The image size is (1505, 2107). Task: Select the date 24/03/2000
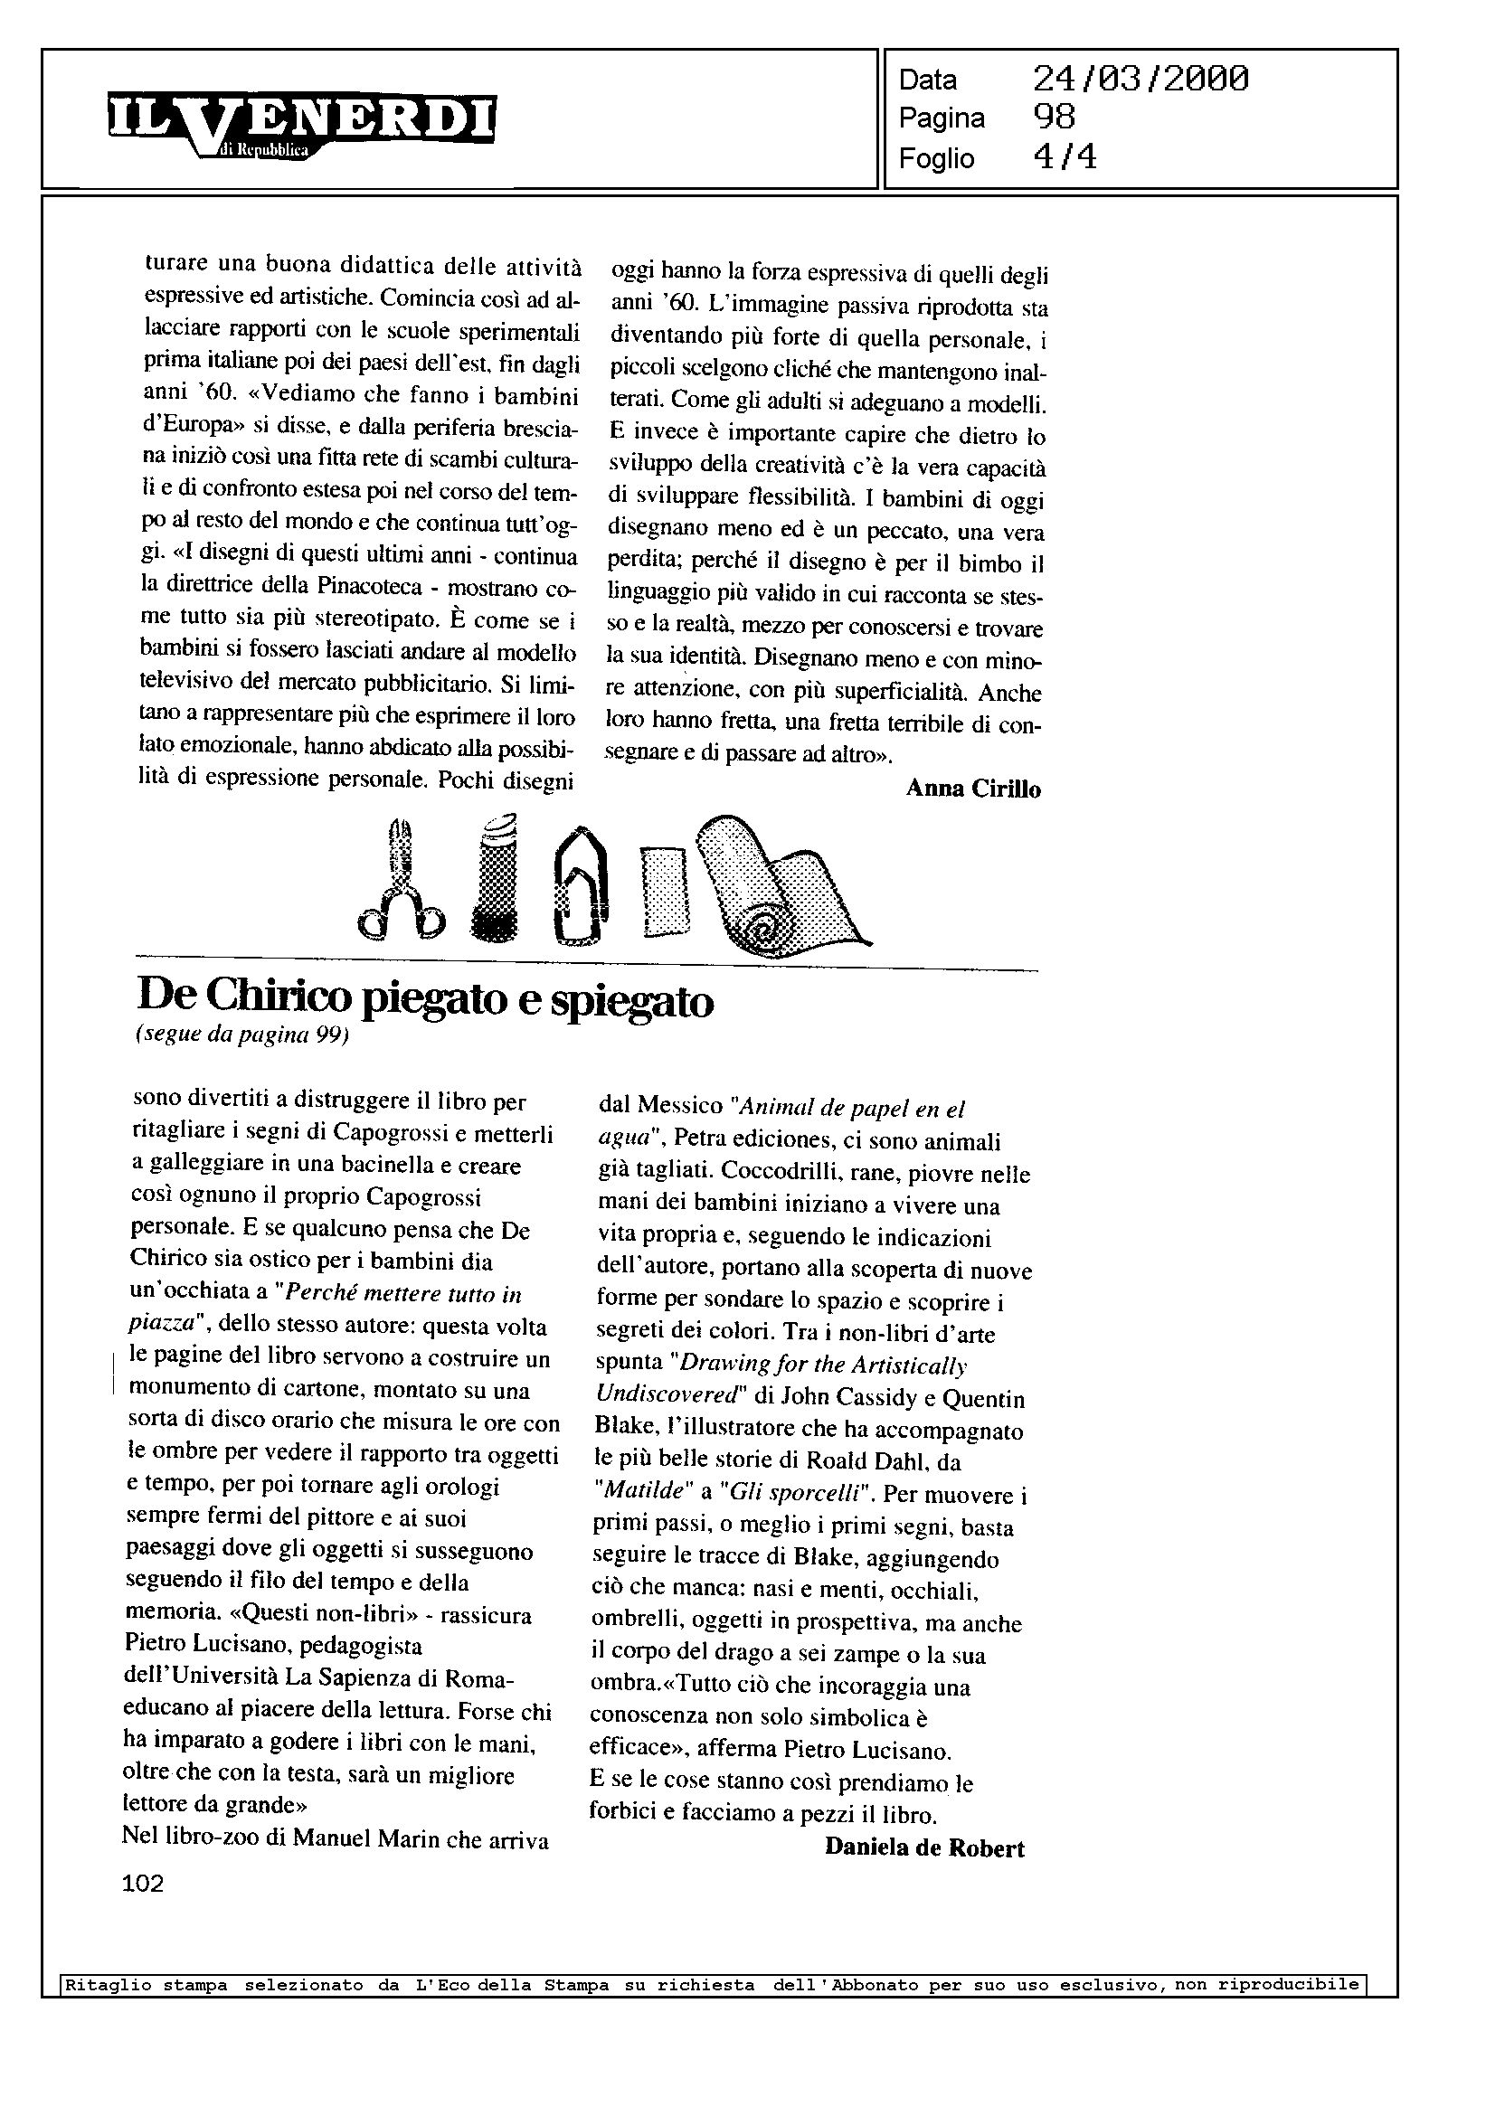(x=1140, y=80)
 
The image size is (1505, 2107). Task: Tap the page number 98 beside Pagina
(x=1054, y=118)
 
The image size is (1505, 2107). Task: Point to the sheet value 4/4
(x=1064, y=157)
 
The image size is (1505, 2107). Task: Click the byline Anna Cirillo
(x=973, y=789)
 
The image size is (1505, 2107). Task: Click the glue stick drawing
(x=494, y=876)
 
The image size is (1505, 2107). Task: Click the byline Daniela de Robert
(x=924, y=1847)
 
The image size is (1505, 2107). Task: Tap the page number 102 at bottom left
(x=143, y=1883)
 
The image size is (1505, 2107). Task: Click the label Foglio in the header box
(x=936, y=158)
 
